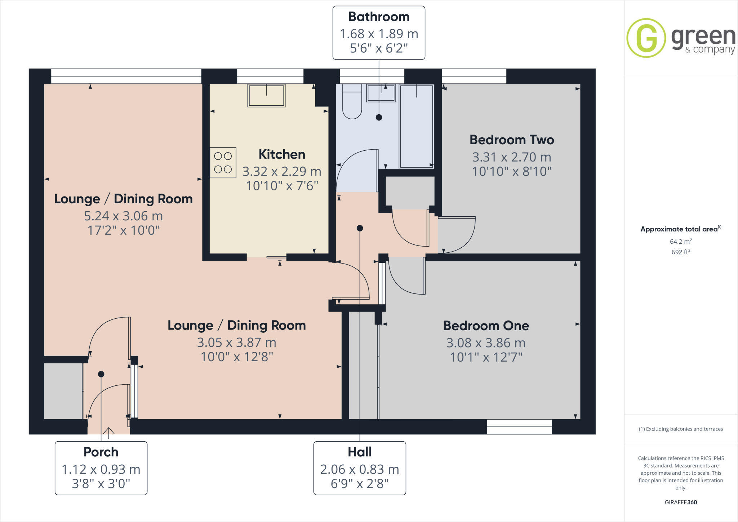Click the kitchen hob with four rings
pos(223,163)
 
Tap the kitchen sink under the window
pos(266,96)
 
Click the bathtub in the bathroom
pos(417,126)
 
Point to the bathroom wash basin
pos(381,93)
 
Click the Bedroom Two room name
pos(512,140)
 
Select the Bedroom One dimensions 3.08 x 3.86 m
pos(486,343)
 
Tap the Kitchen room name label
pos(282,154)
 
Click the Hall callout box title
pos(360,452)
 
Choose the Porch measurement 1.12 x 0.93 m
pos(101,469)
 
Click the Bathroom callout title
pos(379,17)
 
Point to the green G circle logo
pos(646,38)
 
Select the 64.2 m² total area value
pos(680,242)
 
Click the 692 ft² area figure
pos(680,252)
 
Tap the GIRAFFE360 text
pos(681,502)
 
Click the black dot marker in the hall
pos(360,228)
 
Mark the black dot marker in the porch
pos(101,374)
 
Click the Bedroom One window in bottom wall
pos(519,427)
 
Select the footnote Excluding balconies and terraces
pos(681,429)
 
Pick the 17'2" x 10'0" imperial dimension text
pos(124,230)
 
